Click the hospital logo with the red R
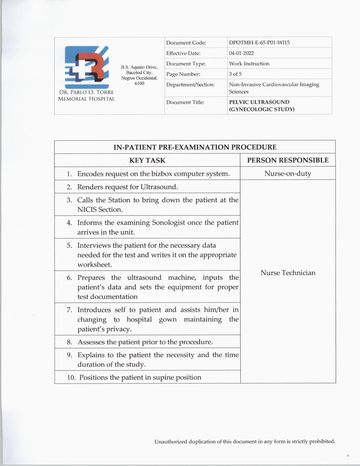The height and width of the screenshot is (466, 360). click(x=87, y=67)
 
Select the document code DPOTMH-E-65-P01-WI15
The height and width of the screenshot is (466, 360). click(x=259, y=43)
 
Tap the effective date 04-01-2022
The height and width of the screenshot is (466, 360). click(x=241, y=53)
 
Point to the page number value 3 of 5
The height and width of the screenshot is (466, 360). click(x=235, y=74)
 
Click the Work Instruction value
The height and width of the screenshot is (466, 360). click(x=249, y=64)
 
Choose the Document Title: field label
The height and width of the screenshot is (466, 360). click(x=185, y=102)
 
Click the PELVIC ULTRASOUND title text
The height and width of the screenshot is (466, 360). click(x=259, y=102)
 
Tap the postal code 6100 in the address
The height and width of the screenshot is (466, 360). click(x=139, y=84)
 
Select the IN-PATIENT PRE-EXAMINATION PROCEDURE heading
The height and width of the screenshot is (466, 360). click(x=195, y=147)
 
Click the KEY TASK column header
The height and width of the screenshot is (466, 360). click(x=147, y=160)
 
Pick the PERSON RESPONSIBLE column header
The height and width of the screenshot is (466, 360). click(x=288, y=160)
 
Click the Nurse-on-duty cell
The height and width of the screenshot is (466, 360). click(x=288, y=173)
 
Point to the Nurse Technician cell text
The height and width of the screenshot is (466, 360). click(x=288, y=273)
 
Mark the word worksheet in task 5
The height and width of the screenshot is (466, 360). click(x=95, y=265)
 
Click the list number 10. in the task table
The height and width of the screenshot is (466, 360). click(x=71, y=378)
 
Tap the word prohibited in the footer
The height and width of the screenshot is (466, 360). click(x=322, y=441)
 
